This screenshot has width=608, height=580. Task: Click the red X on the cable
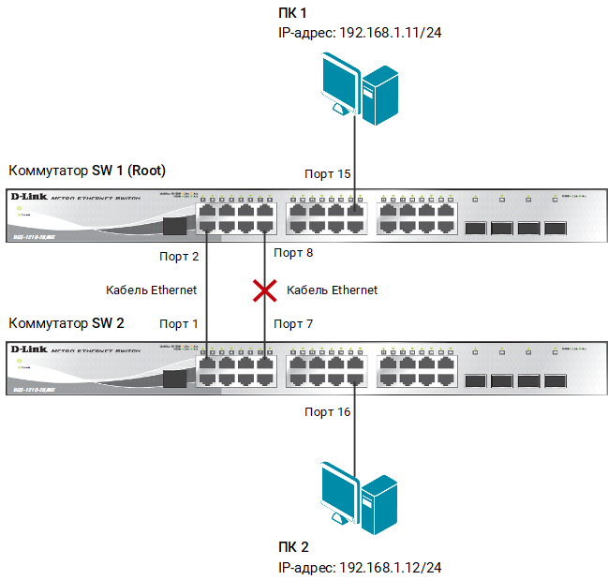[264, 290]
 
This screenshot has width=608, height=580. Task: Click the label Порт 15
[327, 174]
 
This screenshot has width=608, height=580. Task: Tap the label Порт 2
[180, 254]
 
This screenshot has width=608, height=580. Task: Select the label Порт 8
[292, 254]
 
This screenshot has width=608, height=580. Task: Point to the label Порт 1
[179, 324]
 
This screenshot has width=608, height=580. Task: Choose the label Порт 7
[292, 324]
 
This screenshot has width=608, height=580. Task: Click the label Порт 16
[327, 411]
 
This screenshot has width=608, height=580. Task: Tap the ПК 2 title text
[292, 548]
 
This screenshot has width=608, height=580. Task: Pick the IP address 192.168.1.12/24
[359, 568]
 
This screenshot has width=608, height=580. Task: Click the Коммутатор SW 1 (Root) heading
[86, 171]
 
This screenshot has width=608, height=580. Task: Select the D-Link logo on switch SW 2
[28, 349]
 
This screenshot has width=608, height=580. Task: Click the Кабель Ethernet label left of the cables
[151, 290]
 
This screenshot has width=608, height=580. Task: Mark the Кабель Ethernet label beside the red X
[332, 290]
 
